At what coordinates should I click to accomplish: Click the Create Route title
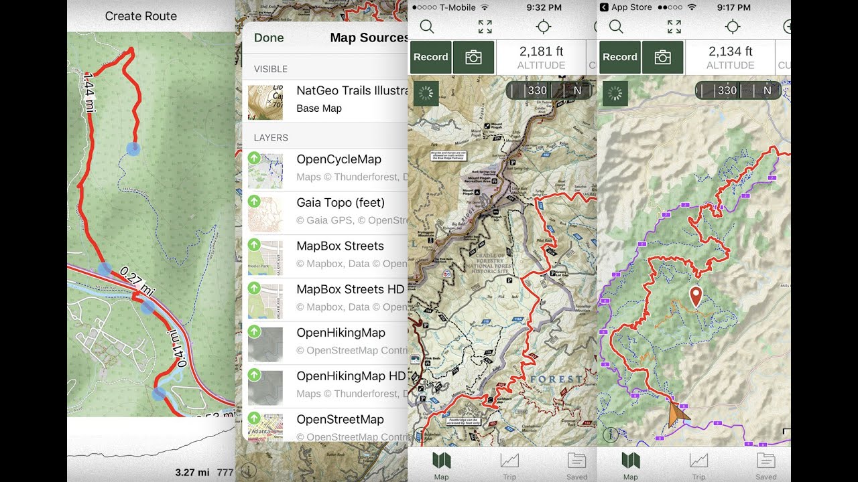(x=141, y=16)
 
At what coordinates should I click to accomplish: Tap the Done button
(x=269, y=38)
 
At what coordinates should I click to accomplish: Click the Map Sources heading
(x=369, y=38)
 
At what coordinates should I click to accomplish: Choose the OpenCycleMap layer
(x=339, y=159)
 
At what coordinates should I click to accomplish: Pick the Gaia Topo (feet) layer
(x=341, y=202)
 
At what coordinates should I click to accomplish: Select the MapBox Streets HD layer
(x=350, y=289)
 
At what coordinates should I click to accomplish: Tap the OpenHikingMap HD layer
(x=351, y=376)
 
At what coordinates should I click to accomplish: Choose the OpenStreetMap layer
(x=340, y=419)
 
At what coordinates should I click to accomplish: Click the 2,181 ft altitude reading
(x=541, y=52)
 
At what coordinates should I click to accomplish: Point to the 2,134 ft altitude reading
(x=730, y=52)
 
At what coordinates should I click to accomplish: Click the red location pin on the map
(x=696, y=295)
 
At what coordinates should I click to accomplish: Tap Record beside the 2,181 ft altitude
(x=430, y=57)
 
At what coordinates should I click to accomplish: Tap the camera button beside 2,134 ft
(x=662, y=57)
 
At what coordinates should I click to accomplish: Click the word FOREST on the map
(x=556, y=379)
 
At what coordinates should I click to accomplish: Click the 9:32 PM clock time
(x=543, y=7)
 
